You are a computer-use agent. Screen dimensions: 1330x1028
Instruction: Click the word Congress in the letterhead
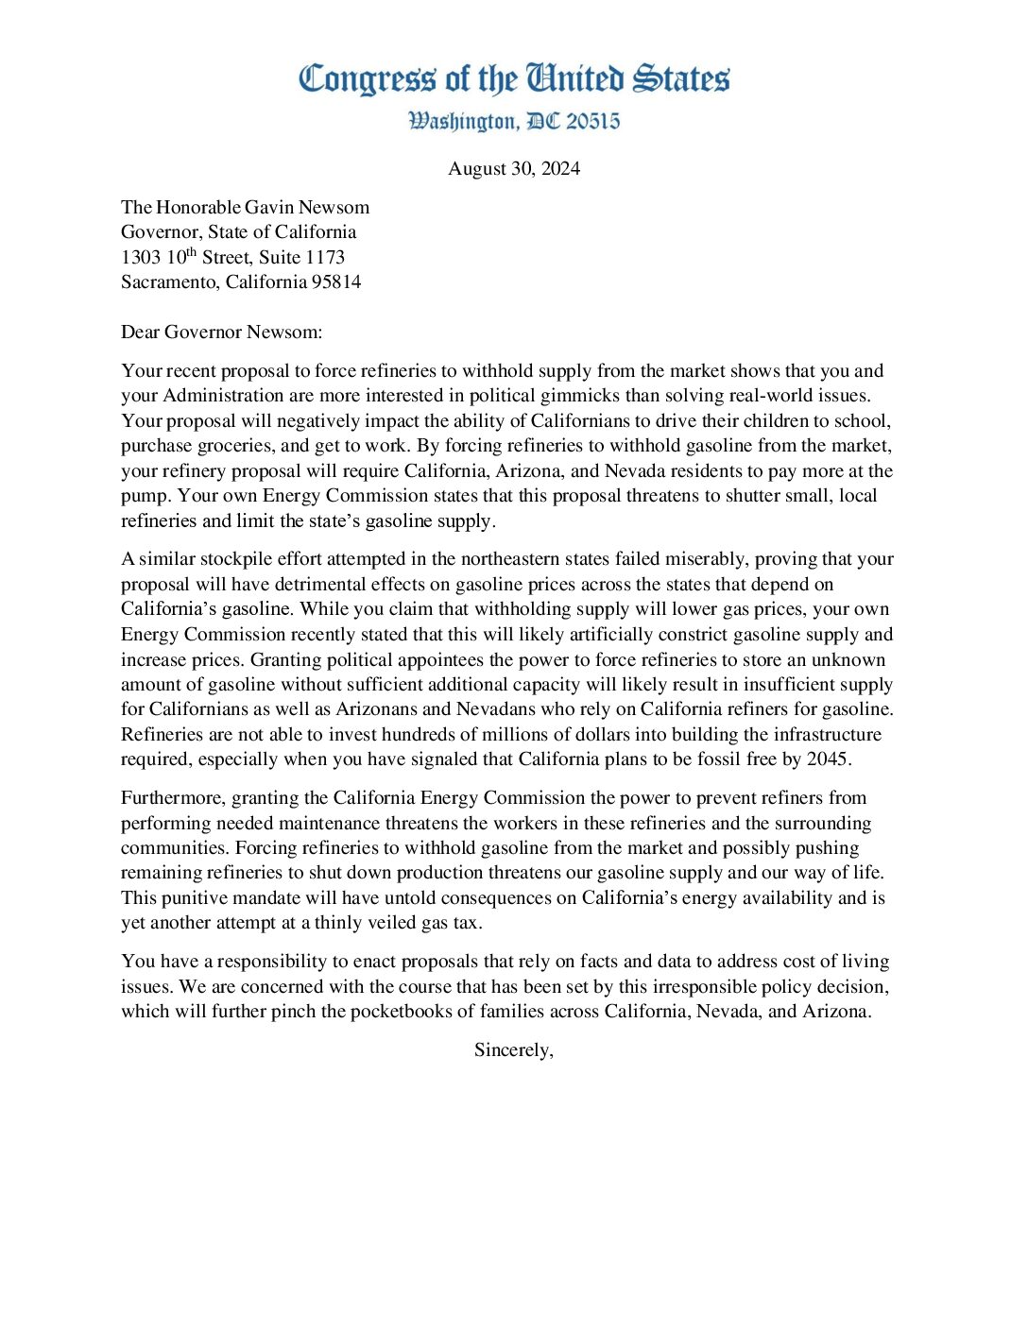tap(368, 79)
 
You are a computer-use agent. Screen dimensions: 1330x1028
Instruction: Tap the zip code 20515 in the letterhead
tap(593, 122)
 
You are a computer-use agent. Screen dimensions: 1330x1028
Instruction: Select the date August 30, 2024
tap(514, 169)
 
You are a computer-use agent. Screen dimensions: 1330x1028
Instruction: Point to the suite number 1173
tap(325, 257)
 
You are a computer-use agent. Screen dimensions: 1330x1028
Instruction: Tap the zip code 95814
tap(336, 282)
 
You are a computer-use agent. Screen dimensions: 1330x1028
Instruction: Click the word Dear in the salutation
tap(140, 332)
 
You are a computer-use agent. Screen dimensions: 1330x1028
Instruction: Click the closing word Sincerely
tap(513, 1050)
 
